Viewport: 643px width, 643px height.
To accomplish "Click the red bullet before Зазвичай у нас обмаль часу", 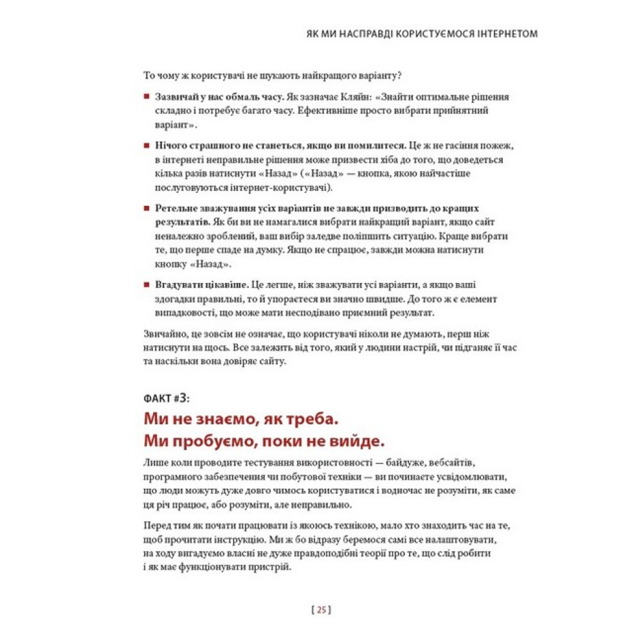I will [147, 98].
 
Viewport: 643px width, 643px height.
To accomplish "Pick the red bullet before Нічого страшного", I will [147, 147].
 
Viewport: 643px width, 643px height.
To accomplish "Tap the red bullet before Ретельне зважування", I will [147, 208].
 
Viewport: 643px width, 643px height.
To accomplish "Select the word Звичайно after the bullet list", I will [163, 333].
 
